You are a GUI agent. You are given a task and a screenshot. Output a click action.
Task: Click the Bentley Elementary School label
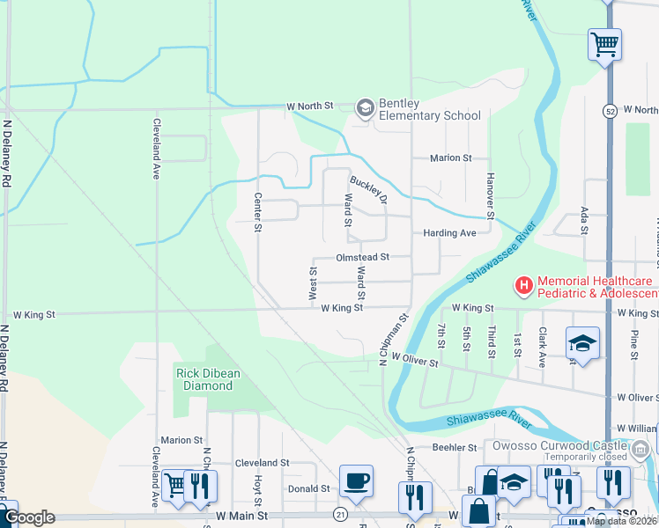[x=430, y=109]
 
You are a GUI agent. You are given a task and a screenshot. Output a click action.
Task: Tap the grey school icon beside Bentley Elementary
[x=365, y=107]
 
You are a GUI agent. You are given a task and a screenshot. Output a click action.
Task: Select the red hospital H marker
[x=523, y=285]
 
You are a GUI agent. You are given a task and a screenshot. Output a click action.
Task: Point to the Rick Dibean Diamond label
[x=210, y=379]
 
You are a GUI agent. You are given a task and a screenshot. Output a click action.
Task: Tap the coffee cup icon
[x=356, y=481]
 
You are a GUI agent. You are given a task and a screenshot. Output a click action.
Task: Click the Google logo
[x=29, y=517]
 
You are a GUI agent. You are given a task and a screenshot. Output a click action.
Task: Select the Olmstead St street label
[x=361, y=258]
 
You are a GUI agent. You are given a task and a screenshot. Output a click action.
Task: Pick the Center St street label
[x=258, y=212]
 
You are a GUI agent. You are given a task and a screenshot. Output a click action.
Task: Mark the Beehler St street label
[x=455, y=448]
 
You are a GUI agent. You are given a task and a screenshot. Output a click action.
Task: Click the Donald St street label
[x=308, y=488]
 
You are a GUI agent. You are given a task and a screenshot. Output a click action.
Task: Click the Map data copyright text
[x=621, y=521]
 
